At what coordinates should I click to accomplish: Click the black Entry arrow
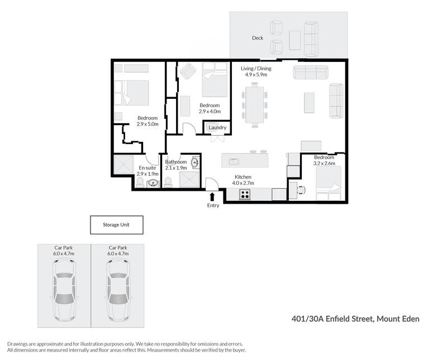212,196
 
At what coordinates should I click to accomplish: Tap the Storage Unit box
117,225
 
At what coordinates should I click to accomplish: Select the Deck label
258,38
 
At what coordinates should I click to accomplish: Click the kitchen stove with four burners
245,194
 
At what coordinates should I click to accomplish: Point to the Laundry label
217,127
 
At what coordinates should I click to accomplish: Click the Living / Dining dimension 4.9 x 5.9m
256,74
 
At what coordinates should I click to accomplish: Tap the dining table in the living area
254,105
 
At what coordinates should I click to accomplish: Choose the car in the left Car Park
64,290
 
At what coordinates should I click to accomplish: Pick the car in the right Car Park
118,290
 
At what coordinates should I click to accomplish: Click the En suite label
148,168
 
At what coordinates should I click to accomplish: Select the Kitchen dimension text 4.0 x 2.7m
243,183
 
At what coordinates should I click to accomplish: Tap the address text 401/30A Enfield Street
332,319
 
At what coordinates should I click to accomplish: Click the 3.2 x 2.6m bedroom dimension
324,164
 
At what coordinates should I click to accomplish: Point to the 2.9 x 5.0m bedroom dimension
148,124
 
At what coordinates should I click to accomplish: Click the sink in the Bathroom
196,162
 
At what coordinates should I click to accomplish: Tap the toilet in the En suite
140,182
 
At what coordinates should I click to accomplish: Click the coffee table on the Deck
295,40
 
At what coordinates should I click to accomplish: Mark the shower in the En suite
123,164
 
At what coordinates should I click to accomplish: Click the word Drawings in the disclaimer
17,344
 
